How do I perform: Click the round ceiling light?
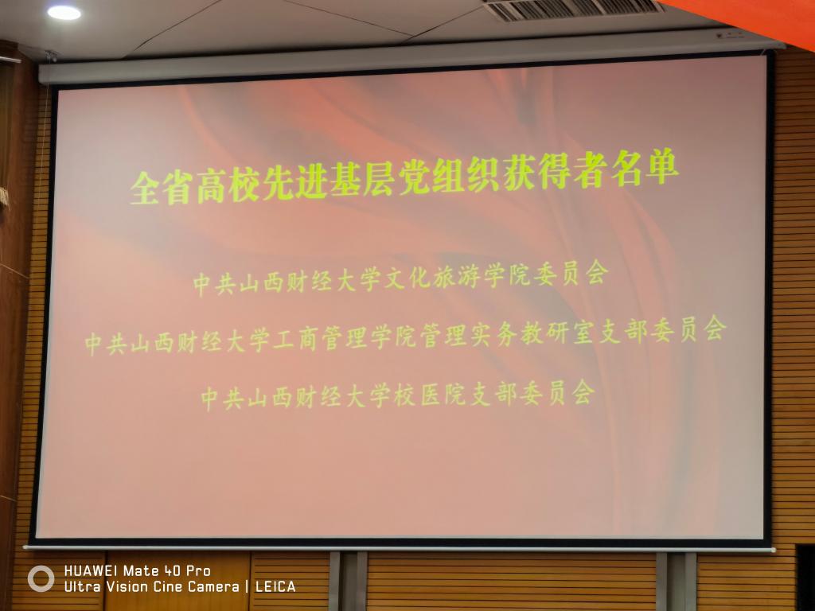(64, 13)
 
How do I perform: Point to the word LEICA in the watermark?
(275, 587)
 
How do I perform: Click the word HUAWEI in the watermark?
(91, 571)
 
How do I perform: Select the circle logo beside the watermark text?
(41, 578)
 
